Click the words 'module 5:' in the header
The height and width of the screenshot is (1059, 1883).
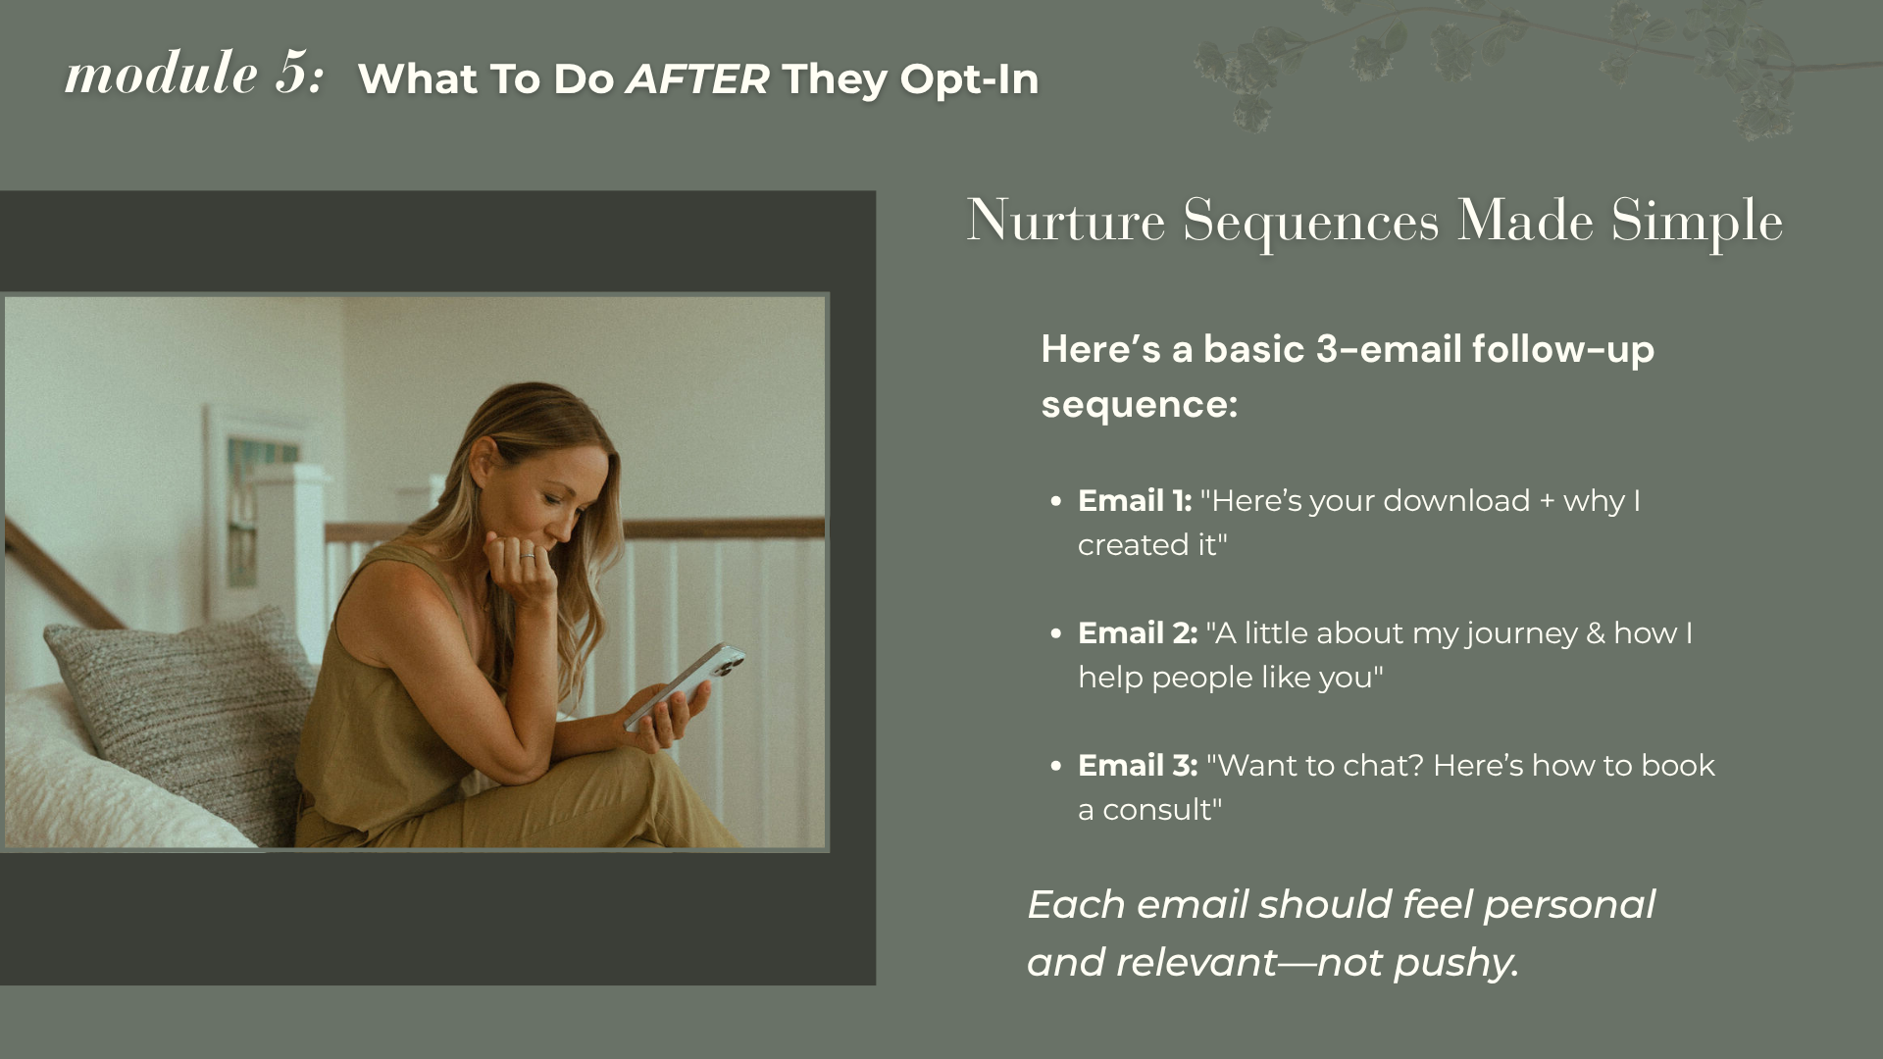click(194, 74)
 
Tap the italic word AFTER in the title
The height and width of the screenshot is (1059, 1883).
click(697, 79)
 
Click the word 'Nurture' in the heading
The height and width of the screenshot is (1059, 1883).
click(1066, 221)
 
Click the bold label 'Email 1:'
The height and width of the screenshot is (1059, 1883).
click(1135, 501)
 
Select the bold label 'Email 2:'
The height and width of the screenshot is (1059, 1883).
click(1138, 633)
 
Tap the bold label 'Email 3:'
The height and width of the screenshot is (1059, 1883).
click(1138, 766)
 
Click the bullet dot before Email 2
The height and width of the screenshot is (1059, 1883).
click(1055, 633)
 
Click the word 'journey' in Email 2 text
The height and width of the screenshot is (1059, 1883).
click(1522, 634)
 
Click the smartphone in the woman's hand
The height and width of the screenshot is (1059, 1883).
click(685, 686)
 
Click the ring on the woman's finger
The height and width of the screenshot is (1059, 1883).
click(528, 556)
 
